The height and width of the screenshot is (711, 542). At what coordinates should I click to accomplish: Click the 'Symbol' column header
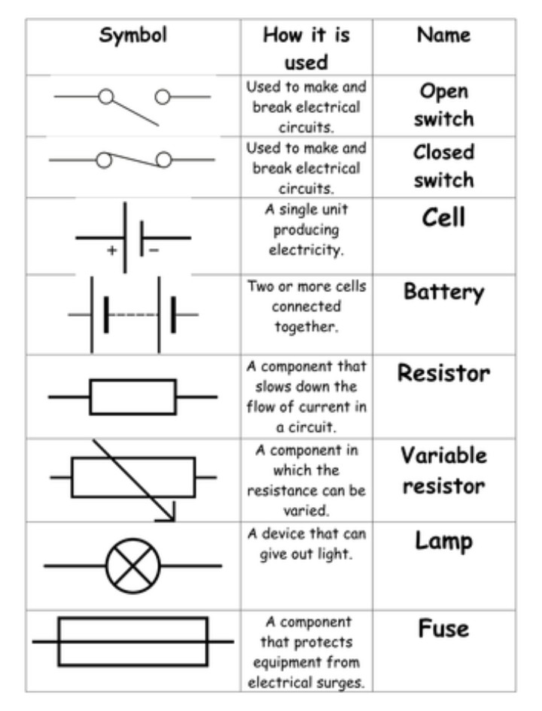click(133, 35)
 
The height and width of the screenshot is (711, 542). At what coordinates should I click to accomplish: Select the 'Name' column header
click(443, 35)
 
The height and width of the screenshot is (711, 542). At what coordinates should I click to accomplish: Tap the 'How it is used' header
click(306, 47)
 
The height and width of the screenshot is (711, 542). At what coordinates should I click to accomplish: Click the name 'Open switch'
click(444, 105)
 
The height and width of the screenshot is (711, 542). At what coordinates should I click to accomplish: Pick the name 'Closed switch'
click(444, 166)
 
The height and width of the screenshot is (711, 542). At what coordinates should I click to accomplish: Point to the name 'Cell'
click(444, 218)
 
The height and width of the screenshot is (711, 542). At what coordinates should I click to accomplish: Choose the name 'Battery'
click(444, 291)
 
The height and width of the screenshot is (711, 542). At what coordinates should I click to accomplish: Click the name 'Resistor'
click(444, 373)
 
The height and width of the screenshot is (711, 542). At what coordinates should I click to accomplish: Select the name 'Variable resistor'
click(444, 470)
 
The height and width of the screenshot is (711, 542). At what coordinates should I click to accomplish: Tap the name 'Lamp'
click(444, 540)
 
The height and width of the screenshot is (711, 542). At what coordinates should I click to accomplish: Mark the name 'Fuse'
click(444, 628)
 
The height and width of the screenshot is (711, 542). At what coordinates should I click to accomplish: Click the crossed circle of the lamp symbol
click(133, 565)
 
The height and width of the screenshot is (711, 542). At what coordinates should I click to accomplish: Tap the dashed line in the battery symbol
click(132, 314)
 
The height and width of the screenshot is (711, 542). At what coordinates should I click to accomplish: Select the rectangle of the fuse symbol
click(132, 642)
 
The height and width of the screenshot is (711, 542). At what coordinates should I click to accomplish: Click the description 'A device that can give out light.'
click(306, 545)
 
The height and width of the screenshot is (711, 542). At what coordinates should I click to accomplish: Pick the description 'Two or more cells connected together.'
click(306, 307)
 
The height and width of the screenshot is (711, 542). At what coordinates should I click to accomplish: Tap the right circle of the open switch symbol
click(163, 96)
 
